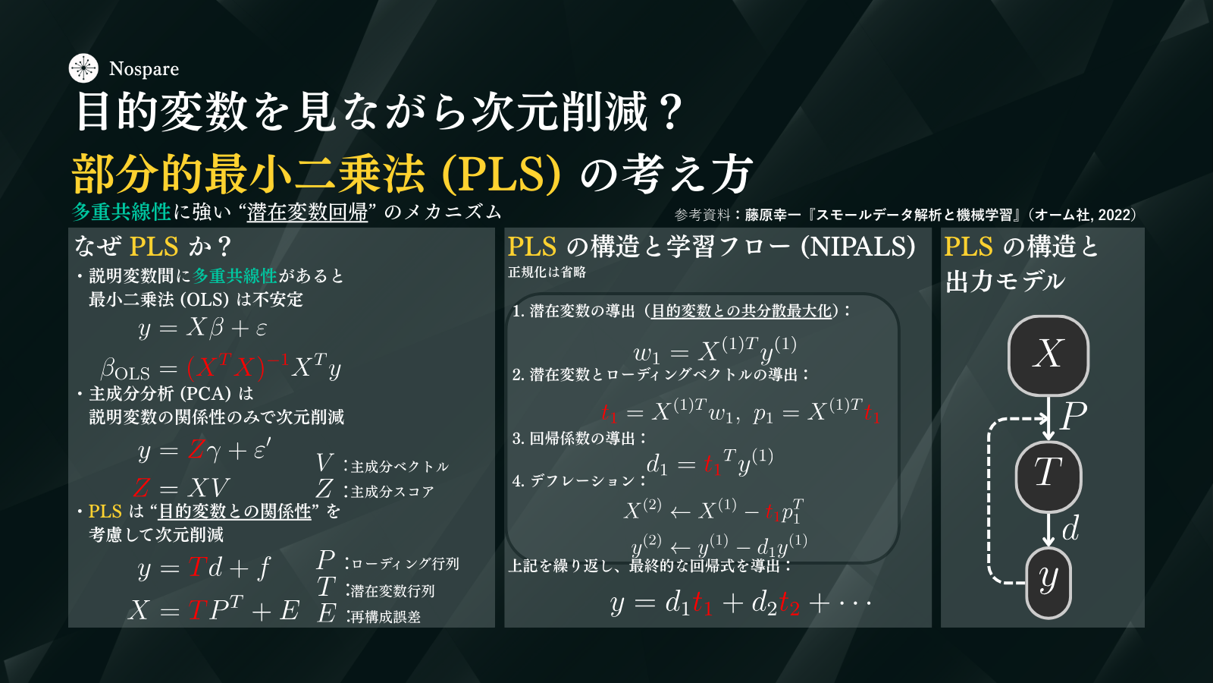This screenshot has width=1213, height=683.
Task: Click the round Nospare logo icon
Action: click(x=83, y=68)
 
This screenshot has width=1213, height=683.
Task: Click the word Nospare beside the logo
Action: click(x=144, y=69)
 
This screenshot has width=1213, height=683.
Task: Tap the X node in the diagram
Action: click(x=1048, y=356)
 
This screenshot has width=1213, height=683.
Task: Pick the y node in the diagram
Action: click(x=1048, y=583)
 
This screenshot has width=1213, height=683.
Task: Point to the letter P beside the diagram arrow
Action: click(x=1074, y=417)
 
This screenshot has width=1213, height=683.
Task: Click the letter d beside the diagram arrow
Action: click(x=1070, y=528)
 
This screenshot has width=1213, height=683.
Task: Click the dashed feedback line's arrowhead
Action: click(x=1043, y=418)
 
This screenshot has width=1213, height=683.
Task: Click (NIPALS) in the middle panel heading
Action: click(x=858, y=247)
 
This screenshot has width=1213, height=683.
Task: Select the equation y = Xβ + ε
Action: click(x=202, y=328)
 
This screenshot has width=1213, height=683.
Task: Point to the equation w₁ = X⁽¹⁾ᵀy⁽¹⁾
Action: click(x=715, y=351)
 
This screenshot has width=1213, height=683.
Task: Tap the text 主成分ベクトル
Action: click(x=400, y=467)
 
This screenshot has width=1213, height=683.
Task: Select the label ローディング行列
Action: click(x=405, y=564)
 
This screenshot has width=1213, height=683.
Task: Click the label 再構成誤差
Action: click(x=386, y=617)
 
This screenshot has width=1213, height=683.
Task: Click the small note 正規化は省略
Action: click(x=547, y=272)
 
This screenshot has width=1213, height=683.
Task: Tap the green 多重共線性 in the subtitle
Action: click(x=121, y=212)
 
